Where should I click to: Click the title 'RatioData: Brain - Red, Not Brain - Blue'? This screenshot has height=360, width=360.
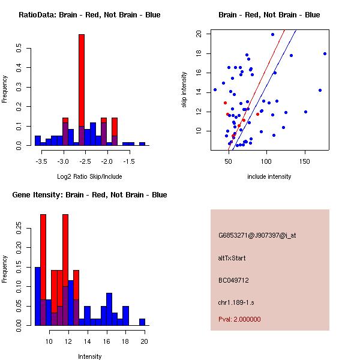[x=89, y=14]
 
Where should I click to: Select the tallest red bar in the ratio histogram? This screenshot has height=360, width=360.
[x=82, y=90]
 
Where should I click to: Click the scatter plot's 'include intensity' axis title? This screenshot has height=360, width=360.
[x=269, y=177]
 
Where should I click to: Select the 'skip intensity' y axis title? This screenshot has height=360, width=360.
[x=185, y=90]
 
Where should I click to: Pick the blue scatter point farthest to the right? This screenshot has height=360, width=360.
[x=325, y=53]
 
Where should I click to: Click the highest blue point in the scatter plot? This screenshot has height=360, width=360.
[x=272, y=34]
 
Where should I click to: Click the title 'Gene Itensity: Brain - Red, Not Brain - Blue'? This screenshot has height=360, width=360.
[x=89, y=195]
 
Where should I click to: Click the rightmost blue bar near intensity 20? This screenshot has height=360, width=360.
[x=142, y=322]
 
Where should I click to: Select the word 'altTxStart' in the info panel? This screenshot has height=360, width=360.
[x=232, y=258]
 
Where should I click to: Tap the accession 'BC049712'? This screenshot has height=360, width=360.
[x=233, y=280]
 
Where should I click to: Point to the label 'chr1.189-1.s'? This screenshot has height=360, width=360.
[x=236, y=302]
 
